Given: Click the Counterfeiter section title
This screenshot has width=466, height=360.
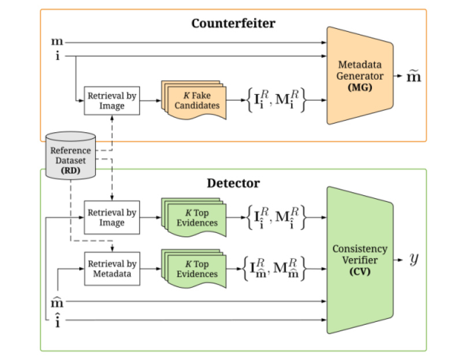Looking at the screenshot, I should [x=233, y=24].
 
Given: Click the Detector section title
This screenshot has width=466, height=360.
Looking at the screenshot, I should [x=233, y=183].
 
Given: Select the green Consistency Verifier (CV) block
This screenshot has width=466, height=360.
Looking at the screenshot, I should [x=359, y=259].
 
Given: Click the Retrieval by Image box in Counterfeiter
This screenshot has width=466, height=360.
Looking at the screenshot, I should [x=113, y=101].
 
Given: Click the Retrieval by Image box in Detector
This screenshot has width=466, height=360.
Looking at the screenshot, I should [x=113, y=217].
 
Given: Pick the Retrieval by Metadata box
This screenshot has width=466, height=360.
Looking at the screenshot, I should [x=113, y=268].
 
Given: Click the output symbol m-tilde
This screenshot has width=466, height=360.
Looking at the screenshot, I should [x=413, y=76].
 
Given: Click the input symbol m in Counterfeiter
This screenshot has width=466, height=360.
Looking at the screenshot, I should [x=57, y=42].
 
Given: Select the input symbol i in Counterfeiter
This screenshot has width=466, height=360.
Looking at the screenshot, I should [x=57, y=56].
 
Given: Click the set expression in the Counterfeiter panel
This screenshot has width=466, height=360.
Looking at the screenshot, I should [x=274, y=101].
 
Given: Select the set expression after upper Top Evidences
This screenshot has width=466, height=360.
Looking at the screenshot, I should [x=274, y=218].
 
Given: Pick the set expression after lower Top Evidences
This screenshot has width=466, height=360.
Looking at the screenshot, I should [x=274, y=269].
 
